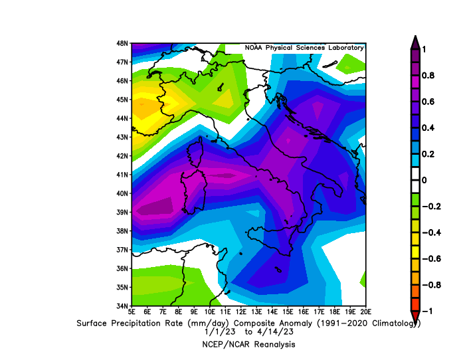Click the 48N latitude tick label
click(x=122, y=43)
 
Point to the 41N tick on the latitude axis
click(x=122, y=175)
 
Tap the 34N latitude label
click(x=122, y=306)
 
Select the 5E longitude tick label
click(x=132, y=312)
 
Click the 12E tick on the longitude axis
click(x=241, y=312)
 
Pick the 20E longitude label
click(x=366, y=312)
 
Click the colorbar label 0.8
click(x=428, y=76)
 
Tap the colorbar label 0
click(x=424, y=180)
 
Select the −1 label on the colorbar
click(x=427, y=311)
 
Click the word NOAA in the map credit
click(x=254, y=48)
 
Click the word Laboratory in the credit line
click(x=346, y=48)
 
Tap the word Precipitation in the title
click(x=147, y=323)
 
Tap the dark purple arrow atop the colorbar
click(x=415, y=43)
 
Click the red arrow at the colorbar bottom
click(x=415, y=316)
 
